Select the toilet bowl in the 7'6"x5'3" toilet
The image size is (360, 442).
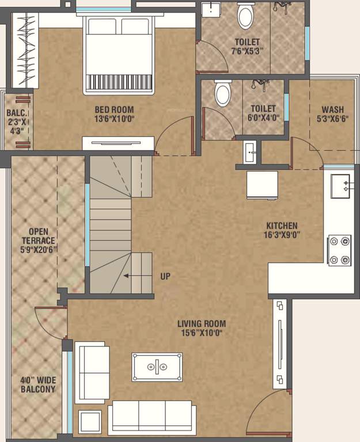click(x=245, y=17)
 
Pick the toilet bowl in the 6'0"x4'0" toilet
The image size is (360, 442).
click(x=222, y=94)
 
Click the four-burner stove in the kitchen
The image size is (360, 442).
click(x=339, y=250)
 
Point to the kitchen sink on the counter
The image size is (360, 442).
click(x=341, y=185)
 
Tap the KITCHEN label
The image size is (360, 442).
click(x=281, y=226)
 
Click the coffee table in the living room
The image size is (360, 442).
click(x=157, y=367)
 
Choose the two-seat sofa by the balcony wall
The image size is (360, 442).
click(x=92, y=371)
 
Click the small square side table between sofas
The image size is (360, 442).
click(x=90, y=422)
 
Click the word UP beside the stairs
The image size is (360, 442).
click(x=165, y=276)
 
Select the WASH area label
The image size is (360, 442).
click(x=332, y=109)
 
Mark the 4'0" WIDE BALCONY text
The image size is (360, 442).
click(x=38, y=384)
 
